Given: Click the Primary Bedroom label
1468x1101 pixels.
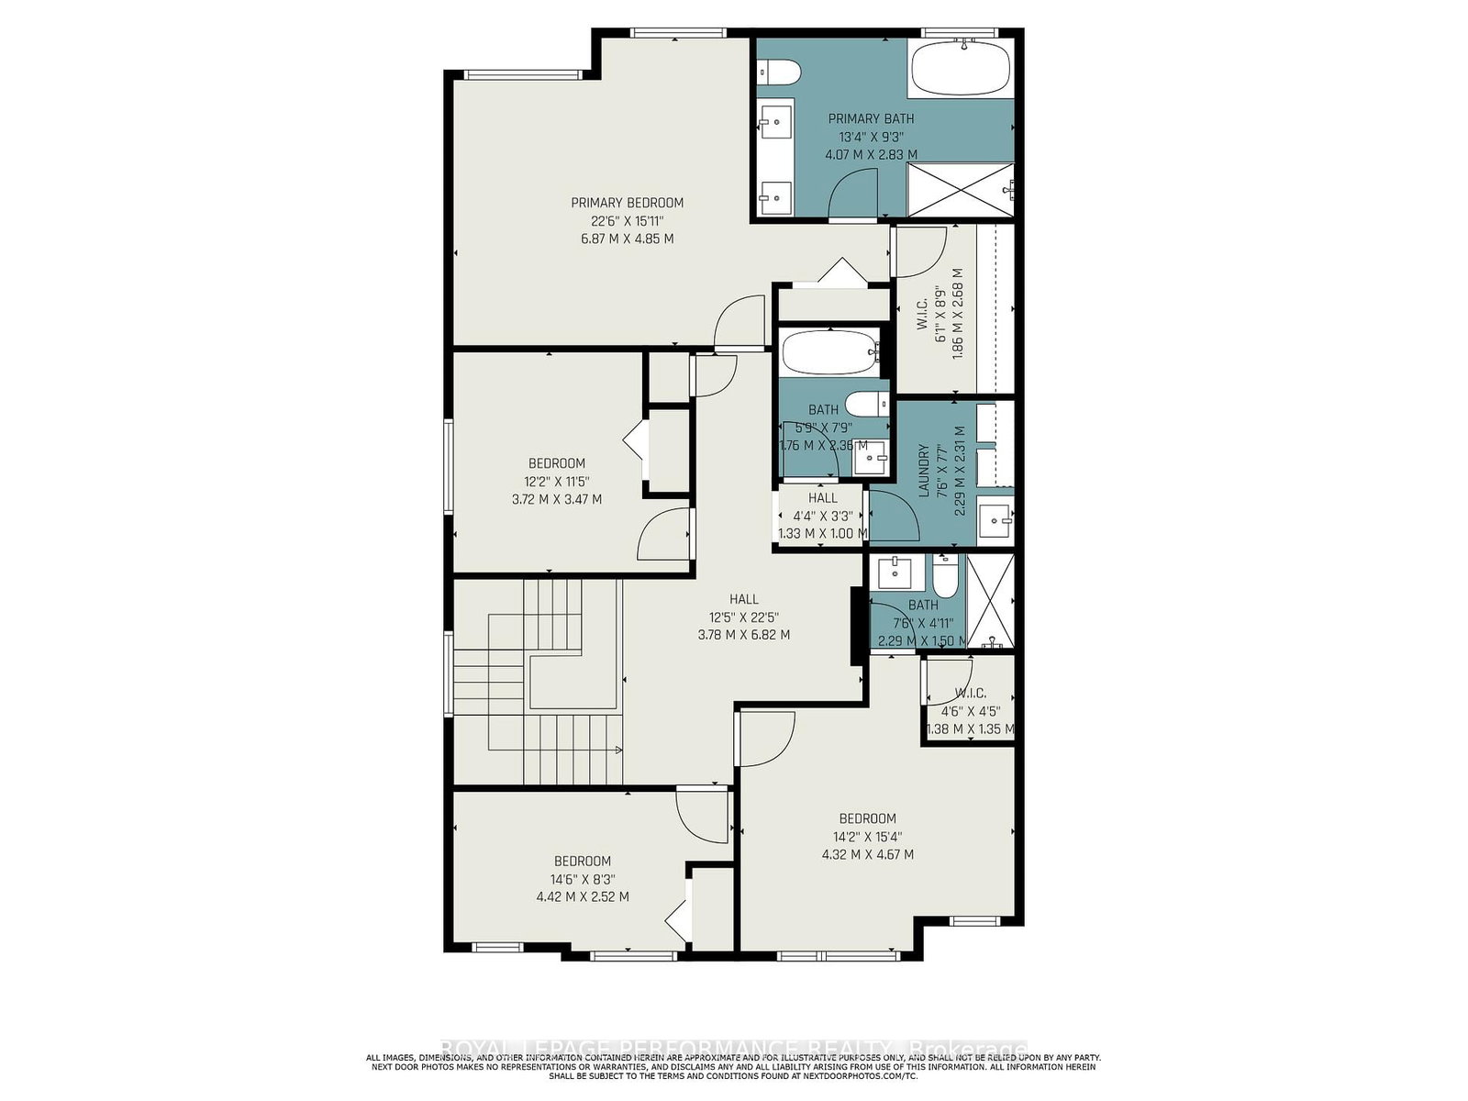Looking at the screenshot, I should pyautogui.click(x=627, y=203).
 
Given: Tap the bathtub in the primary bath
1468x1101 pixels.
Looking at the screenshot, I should pyautogui.click(x=960, y=70).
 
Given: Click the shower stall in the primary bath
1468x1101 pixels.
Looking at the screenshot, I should pyautogui.click(x=960, y=191).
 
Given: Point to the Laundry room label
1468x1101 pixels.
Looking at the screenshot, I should pyautogui.click(x=925, y=471).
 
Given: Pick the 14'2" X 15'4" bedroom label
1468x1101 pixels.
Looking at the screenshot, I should pyautogui.click(x=867, y=818).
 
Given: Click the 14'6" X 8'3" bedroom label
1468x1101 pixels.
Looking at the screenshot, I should pyautogui.click(x=582, y=862).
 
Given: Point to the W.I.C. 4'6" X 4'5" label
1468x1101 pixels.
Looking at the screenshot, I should pyautogui.click(x=970, y=693).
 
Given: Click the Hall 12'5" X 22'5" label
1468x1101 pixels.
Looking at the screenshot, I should pyautogui.click(x=743, y=599).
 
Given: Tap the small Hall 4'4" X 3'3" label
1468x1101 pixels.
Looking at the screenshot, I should pyautogui.click(x=822, y=498).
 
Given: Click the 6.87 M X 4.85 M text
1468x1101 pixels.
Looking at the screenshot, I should pyautogui.click(x=627, y=239).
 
